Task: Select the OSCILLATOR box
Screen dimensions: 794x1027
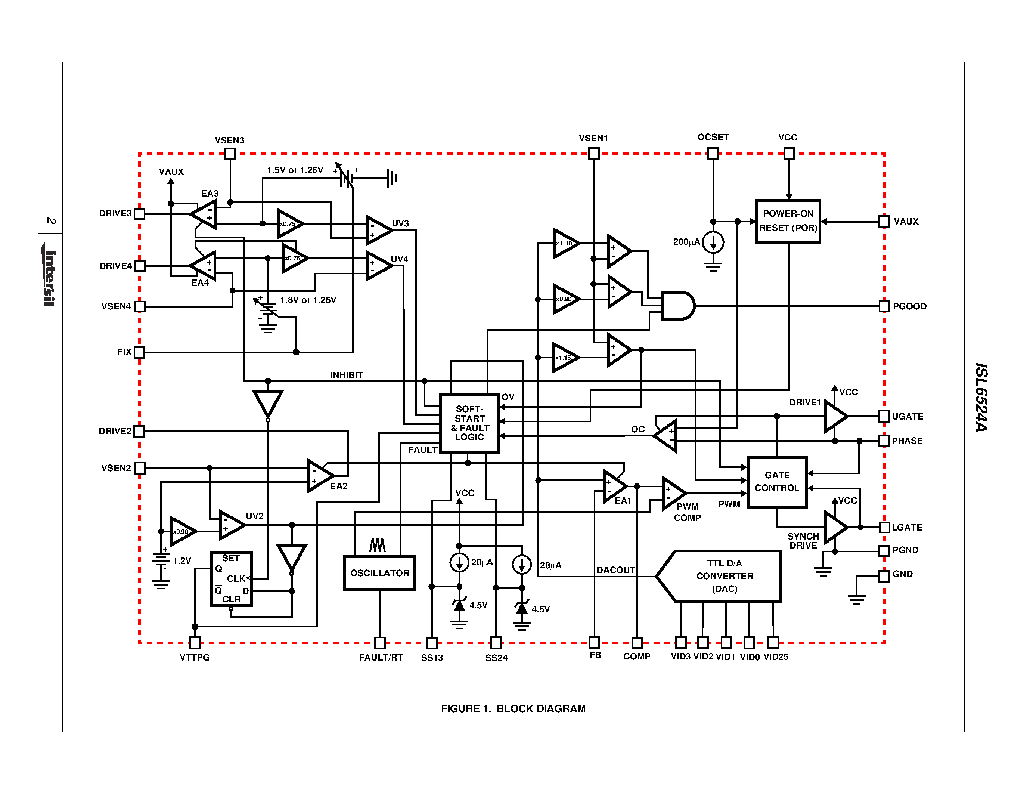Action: point(379,572)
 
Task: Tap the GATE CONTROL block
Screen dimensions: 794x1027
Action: point(777,482)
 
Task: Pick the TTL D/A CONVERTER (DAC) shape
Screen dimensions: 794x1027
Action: point(720,576)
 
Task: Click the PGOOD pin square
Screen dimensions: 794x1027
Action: point(884,306)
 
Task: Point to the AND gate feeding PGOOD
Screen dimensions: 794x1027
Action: point(677,306)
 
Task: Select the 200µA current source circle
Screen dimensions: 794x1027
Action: point(713,242)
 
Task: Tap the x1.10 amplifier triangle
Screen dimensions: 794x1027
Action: point(565,243)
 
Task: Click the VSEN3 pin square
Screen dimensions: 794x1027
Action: point(230,153)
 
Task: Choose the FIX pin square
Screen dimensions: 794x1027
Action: point(139,352)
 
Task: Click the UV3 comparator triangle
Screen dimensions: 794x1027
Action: point(378,231)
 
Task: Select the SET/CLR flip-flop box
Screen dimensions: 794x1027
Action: point(232,578)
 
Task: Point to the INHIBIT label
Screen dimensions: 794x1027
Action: point(346,375)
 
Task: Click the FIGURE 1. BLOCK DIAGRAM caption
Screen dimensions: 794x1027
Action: point(513,708)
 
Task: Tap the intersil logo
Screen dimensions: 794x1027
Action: point(49,275)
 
